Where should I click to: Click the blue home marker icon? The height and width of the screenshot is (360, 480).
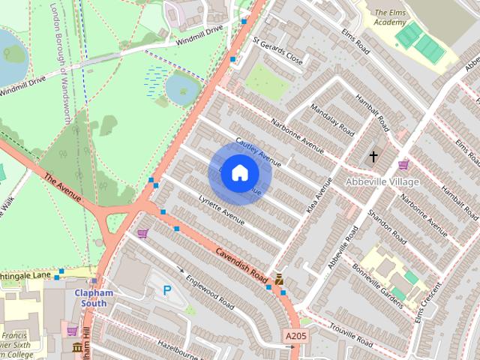click(239, 172)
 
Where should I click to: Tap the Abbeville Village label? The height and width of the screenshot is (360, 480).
click(382, 181)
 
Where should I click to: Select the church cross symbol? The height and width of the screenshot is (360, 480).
click(373, 157)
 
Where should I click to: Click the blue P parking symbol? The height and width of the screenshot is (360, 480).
click(166, 289)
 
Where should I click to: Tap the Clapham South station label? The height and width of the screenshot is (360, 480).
click(94, 298)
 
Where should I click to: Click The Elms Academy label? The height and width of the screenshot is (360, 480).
click(390, 17)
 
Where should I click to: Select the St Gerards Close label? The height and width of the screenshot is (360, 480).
click(277, 51)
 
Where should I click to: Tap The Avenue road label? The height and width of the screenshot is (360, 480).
click(61, 187)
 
